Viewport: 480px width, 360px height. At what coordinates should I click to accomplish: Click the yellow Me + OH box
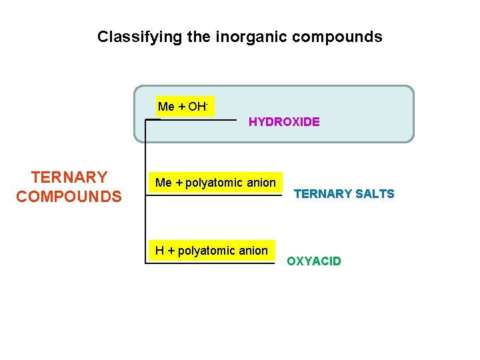[185, 107]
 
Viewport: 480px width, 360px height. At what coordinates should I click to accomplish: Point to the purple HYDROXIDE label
[284, 122]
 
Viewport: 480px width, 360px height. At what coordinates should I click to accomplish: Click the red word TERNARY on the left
[69, 177]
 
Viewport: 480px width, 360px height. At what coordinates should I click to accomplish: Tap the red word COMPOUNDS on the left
[69, 197]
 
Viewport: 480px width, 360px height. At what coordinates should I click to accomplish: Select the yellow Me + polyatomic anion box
[215, 183]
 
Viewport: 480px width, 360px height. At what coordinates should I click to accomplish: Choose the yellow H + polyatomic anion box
[211, 251]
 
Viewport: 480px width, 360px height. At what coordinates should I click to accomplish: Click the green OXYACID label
[314, 261]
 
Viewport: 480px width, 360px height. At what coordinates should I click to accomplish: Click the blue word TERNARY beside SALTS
[323, 194]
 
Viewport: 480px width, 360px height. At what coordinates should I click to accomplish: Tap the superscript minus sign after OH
[208, 104]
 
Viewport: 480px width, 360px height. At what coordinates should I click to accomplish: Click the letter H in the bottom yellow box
[159, 251]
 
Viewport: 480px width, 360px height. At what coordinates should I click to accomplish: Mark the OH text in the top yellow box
[197, 107]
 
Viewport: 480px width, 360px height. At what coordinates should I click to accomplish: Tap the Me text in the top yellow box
[166, 107]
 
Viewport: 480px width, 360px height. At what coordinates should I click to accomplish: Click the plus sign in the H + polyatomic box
[171, 251]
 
